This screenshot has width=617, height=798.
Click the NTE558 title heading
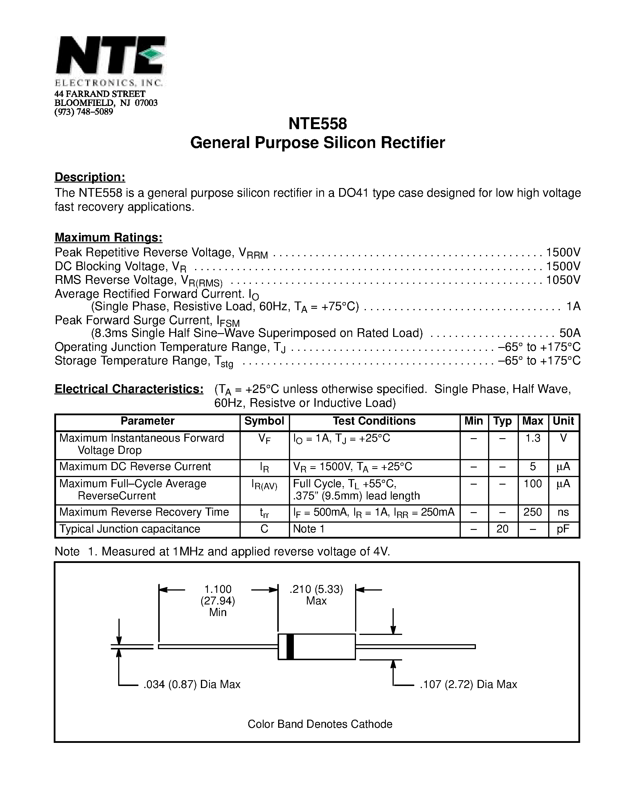(317, 124)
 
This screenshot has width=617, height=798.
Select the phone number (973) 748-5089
(84, 112)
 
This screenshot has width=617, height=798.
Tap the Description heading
(90, 177)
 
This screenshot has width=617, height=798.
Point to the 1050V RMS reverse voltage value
(563, 280)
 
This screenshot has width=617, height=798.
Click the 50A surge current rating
(570, 333)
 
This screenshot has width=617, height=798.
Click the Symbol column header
(264, 421)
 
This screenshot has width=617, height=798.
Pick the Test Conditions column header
(374, 421)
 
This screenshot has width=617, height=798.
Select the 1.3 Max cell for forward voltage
(533, 438)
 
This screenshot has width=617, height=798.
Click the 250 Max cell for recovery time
(533, 512)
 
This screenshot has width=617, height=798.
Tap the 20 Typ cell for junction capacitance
(503, 529)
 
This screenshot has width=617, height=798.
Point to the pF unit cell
(563, 529)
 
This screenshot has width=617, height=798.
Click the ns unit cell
(563, 512)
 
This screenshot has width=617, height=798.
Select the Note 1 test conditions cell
(309, 529)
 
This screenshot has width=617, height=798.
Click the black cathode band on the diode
(290, 647)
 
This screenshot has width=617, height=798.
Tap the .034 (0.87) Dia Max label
(192, 684)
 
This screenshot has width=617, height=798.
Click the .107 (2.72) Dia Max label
(468, 684)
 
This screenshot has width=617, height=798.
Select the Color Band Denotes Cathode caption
(320, 724)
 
